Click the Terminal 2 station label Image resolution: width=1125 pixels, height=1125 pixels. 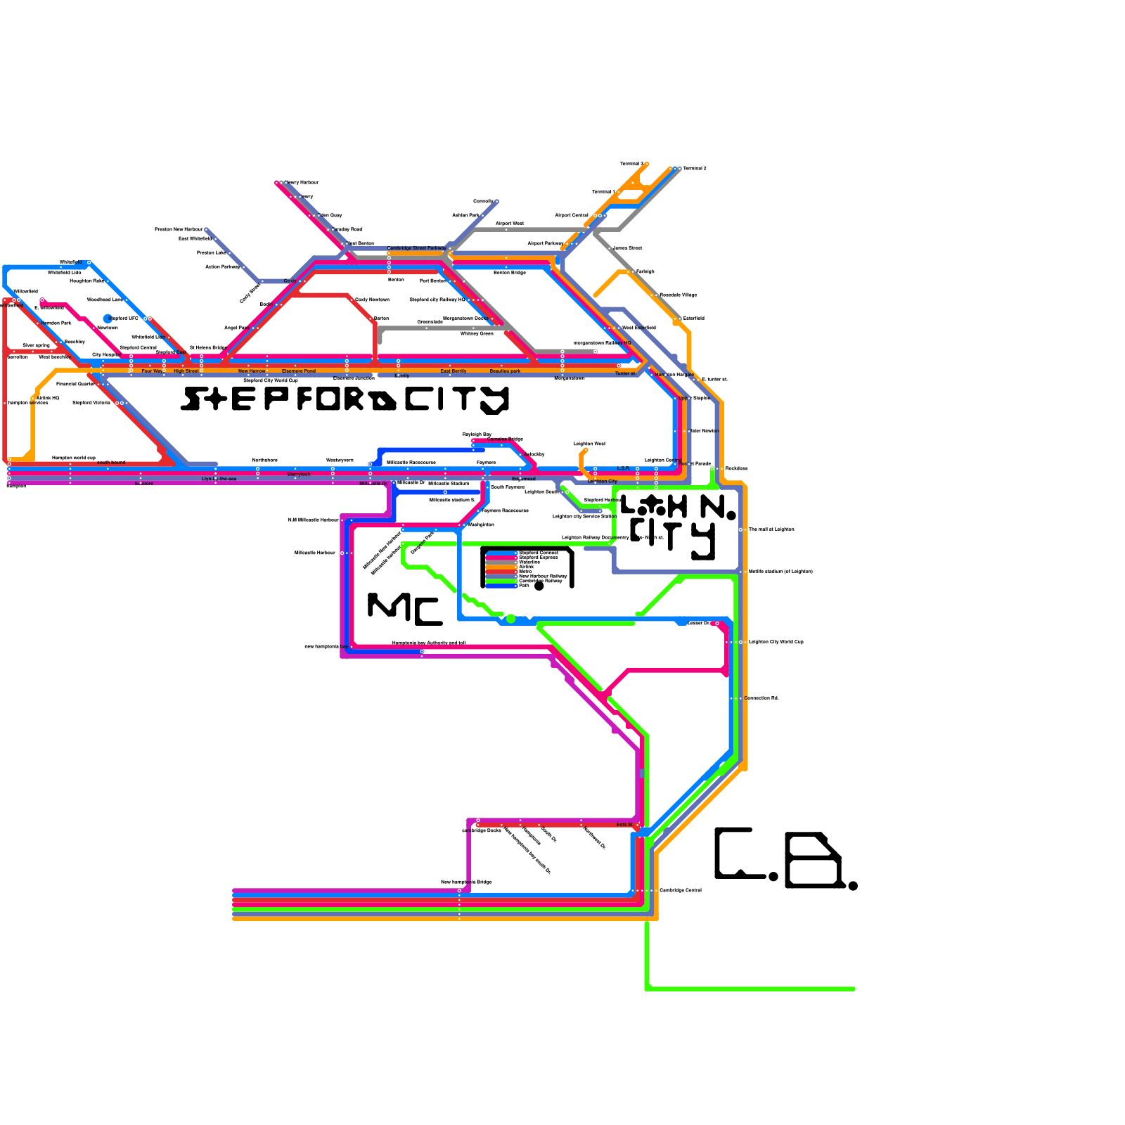pyautogui.click(x=695, y=169)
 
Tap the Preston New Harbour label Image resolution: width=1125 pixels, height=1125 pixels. pyautogui.click(x=179, y=229)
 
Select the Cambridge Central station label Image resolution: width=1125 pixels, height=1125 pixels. pyautogui.click(x=680, y=890)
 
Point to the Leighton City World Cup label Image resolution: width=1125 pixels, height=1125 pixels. pyautogui.click(x=776, y=642)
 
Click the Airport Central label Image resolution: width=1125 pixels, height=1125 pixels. pyautogui.click(x=572, y=215)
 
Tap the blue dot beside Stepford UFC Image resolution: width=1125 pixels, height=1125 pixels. pyautogui.click(x=108, y=319)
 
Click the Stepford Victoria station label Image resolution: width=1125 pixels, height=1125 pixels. pyautogui.click(x=91, y=403)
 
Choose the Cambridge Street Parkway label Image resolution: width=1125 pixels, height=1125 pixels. pyautogui.click(x=416, y=248)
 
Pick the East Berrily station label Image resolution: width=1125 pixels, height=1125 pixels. pyautogui.click(x=454, y=371)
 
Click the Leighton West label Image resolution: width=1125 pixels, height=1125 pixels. pyautogui.click(x=589, y=444)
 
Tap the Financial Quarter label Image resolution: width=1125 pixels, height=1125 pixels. pyautogui.click(x=75, y=384)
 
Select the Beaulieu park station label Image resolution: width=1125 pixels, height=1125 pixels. pyautogui.click(x=505, y=371)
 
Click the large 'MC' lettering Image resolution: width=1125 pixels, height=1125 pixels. pyautogui.click(x=404, y=609)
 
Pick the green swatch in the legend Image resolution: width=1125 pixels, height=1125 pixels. pyautogui.click(x=501, y=581)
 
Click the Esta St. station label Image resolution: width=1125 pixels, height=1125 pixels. pyautogui.click(x=625, y=825)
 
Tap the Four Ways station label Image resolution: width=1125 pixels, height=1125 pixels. pyautogui.click(x=153, y=371)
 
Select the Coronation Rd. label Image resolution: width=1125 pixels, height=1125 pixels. pyautogui.click(x=761, y=698)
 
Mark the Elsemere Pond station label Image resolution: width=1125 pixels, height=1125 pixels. pyautogui.click(x=299, y=371)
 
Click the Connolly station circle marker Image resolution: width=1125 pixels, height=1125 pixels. pyautogui.click(x=496, y=202)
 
